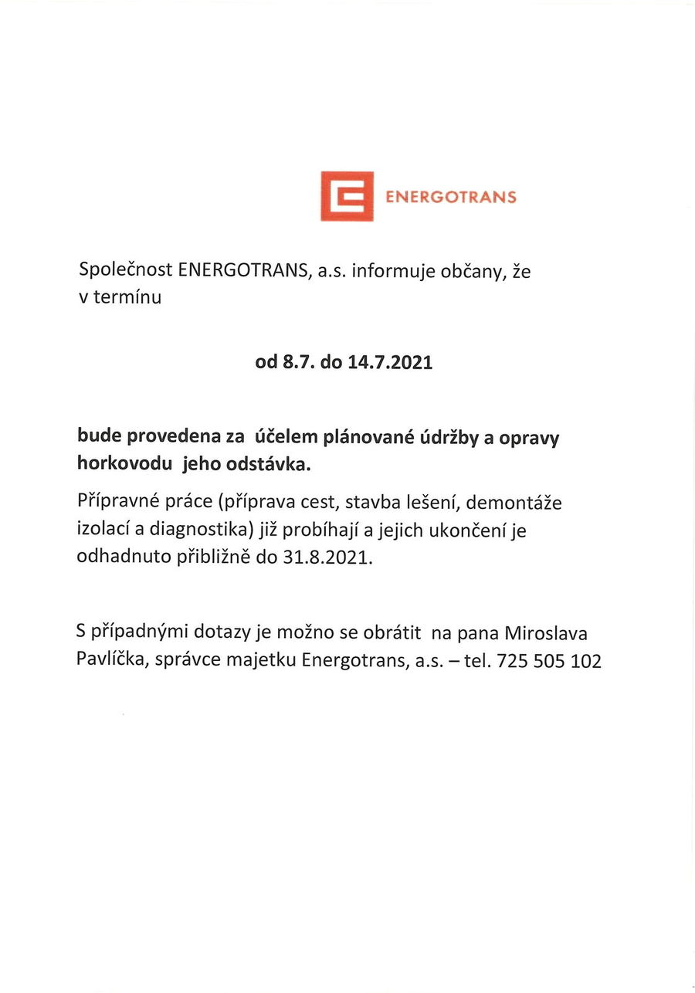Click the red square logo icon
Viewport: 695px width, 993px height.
[347, 196]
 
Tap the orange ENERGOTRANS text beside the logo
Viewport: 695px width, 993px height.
[450, 197]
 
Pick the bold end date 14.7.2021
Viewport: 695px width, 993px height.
[390, 362]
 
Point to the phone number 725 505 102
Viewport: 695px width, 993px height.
[549, 661]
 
